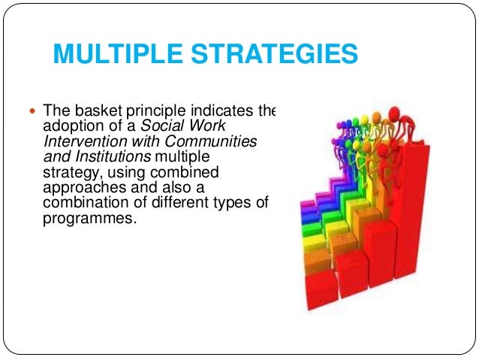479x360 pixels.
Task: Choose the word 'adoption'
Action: [x=71, y=125]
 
